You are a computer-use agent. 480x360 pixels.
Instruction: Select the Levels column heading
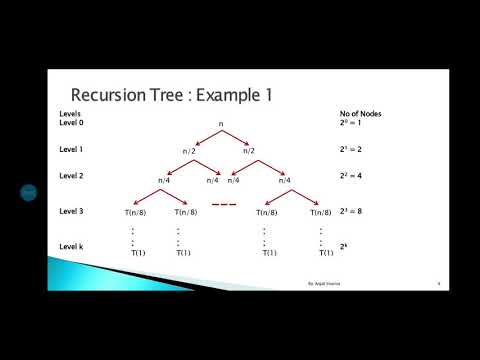pyautogui.click(x=69, y=113)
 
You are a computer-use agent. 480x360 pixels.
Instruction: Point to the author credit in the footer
pyautogui.click(x=326, y=284)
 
